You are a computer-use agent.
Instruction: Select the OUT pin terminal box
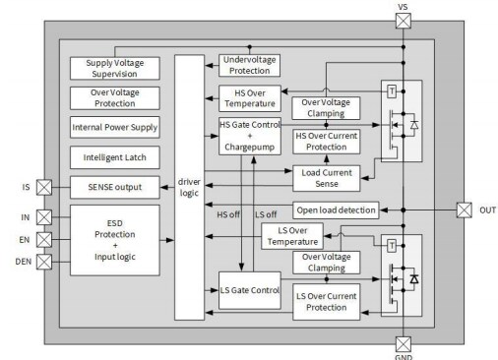click(x=465, y=210)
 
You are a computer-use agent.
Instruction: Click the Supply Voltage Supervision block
click(x=115, y=68)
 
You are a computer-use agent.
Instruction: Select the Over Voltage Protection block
click(x=115, y=97)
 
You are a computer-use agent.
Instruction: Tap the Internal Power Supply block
click(x=115, y=127)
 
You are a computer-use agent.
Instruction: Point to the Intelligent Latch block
click(x=115, y=156)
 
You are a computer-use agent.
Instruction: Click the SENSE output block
click(x=115, y=186)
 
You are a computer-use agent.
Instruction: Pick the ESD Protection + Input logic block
click(x=115, y=239)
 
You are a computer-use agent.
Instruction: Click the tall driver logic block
click(x=191, y=187)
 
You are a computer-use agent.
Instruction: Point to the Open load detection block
click(x=335, y=210)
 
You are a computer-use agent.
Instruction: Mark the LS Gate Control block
click(x=248, y=289)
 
